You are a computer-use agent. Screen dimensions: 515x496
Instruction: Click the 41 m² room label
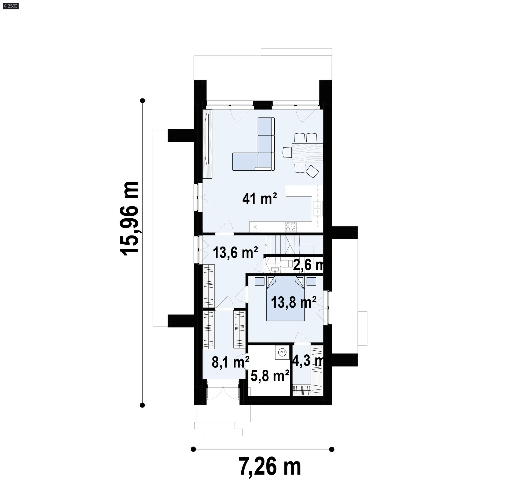click(x=259, y=199)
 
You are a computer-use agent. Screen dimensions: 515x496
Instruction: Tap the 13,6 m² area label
click(x=235, y=252)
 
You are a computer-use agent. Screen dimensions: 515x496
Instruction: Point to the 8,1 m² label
click(x=230, y=362)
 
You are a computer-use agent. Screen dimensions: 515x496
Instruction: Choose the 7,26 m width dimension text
click(x=270, y=467)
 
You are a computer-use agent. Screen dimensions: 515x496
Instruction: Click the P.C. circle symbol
click(x=282, y=352)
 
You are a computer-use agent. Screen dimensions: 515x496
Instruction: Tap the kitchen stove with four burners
click(x=291, y=227)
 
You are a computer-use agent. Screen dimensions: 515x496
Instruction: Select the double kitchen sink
click(x=318, y=208)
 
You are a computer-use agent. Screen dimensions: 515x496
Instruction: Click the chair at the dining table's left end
click(x=287, y=152)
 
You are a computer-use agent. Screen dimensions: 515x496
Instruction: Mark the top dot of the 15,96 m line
click(x=143, y=101)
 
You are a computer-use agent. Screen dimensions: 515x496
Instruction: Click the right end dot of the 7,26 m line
click(x=332, y=449)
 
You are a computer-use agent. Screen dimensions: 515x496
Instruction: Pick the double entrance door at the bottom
click(x=223, y=394)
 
